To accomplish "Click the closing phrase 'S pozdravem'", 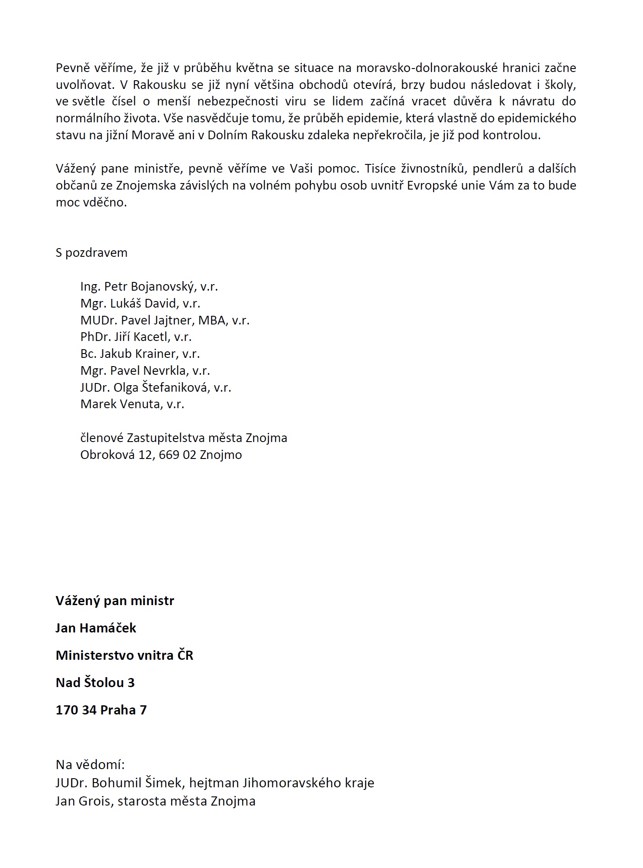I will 91,253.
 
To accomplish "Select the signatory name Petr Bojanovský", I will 150,287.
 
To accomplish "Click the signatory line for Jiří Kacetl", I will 136,337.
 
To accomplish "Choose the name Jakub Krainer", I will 138,354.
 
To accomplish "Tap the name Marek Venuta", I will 120,404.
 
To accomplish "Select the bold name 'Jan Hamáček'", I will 96,628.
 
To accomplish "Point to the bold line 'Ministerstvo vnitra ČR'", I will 124,655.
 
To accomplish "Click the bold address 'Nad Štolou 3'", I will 95,683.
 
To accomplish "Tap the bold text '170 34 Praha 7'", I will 101,710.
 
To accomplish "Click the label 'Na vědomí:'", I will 90,765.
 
